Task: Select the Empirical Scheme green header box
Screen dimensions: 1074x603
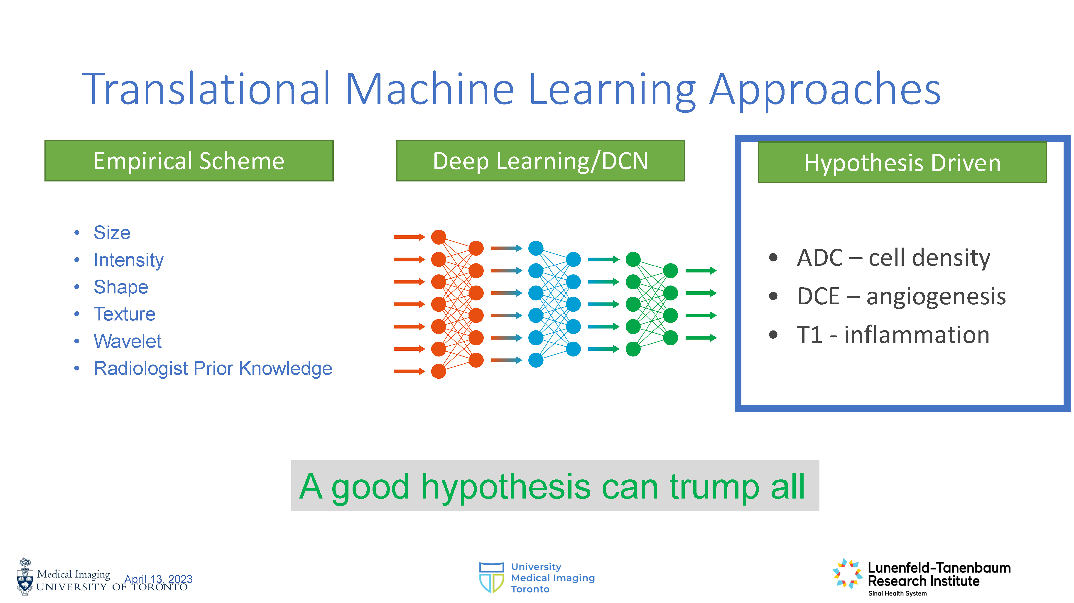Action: coord(189,161)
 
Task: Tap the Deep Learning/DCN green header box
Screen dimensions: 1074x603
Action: coord(540,161)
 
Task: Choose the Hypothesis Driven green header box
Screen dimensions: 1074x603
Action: coord(902,162)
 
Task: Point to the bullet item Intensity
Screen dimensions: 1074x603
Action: coord(128,260)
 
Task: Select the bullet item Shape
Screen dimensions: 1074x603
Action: coord(121,287)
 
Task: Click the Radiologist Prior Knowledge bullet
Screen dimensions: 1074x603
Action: coord(213,368)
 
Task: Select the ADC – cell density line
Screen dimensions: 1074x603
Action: coord(893,258)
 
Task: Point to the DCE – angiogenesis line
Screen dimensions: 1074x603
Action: coord(901,297)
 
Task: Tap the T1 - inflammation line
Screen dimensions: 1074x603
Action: coord(893,335)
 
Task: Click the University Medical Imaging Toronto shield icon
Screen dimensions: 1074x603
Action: coord(492,578)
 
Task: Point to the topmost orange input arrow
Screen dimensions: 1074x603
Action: coord(409,237)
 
